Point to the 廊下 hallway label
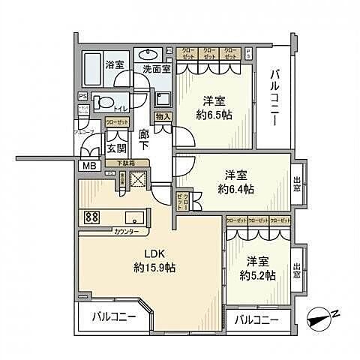pos(145,140)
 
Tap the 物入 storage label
pos(163,116)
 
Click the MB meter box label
pos(88,166)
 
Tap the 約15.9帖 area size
pos(155,267)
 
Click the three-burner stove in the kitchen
pos(93,218)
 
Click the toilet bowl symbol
pos(103,104)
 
